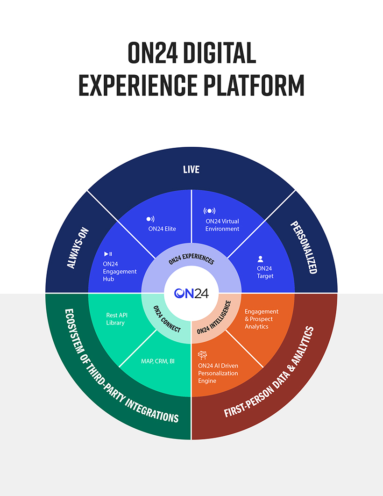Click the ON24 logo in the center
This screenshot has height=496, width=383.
click(191, 293)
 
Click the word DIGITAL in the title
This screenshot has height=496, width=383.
click(220, 52)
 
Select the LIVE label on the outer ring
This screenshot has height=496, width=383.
click(191, 170)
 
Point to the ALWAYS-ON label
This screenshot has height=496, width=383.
click(78, 248)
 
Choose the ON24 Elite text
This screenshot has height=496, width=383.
click(162, 229)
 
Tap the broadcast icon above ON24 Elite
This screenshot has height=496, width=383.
click(150, 219)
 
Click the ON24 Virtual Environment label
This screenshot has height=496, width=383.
click(222, 225)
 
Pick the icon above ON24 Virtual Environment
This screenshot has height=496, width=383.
click(210, 211)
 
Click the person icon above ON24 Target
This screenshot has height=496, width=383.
click(260, 259)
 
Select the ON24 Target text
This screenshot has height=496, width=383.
click(265, 272)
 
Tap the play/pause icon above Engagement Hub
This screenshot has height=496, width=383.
click(108, 254)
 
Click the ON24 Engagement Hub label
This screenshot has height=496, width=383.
click(120, 272)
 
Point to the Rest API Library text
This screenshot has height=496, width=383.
click(117, 319)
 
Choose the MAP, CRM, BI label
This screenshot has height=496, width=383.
click(158, 361)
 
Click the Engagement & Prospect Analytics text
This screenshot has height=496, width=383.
click(262, 319)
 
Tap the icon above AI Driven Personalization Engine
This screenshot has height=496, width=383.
click(202, 355)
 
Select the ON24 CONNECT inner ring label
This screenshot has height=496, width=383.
click(167, 319)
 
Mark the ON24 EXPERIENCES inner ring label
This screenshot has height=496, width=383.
click(191, 259)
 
